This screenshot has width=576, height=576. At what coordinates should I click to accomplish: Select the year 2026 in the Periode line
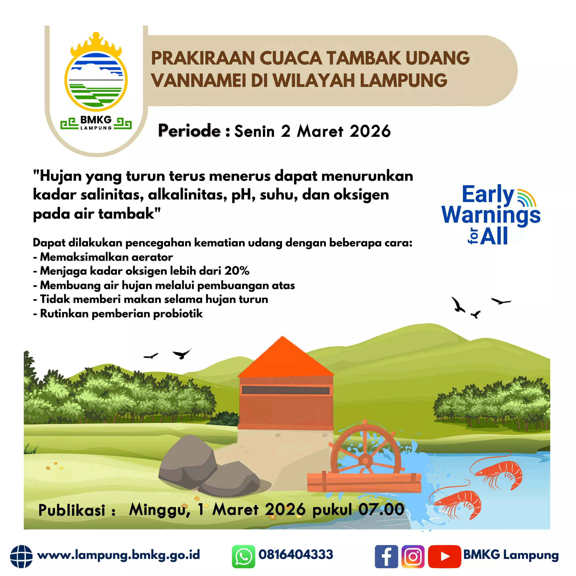[370, 131]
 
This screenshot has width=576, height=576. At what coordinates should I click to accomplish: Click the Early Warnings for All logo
[491, 215]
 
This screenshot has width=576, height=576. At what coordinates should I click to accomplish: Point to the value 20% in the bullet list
[237, 271]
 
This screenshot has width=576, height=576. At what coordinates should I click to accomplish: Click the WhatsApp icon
[243, 556]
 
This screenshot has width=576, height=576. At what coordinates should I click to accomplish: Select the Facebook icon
[386, 556]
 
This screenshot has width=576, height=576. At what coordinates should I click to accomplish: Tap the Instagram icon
[413, 556]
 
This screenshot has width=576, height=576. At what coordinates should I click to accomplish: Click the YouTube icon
[445, 556]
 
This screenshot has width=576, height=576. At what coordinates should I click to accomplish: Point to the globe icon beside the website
[21, 556]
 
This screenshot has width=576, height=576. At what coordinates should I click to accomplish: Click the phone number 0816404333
[296, 555]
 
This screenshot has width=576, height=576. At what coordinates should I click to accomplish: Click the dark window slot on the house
[286, 391]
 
